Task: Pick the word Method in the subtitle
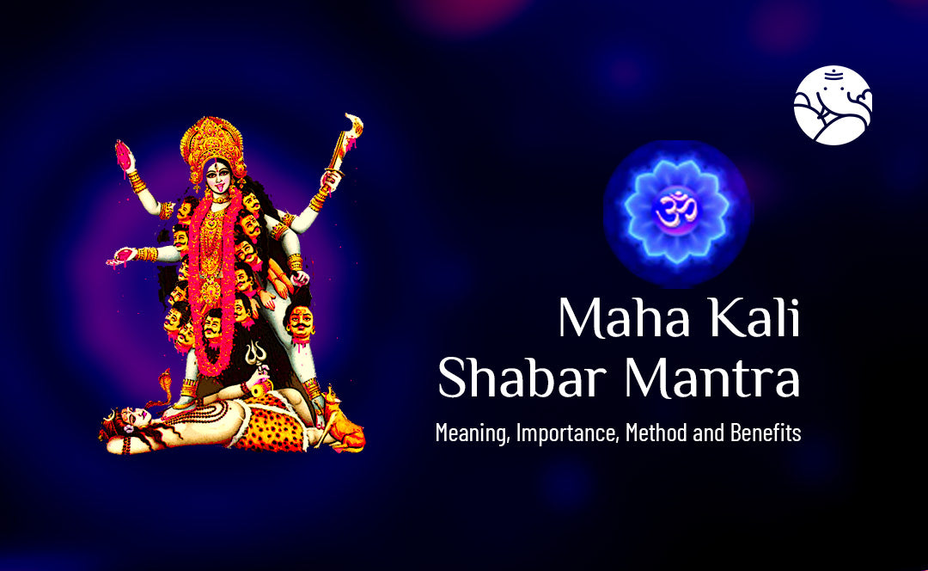(656, 433)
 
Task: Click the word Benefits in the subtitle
(765, 433)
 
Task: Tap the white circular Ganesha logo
(833, 105)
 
